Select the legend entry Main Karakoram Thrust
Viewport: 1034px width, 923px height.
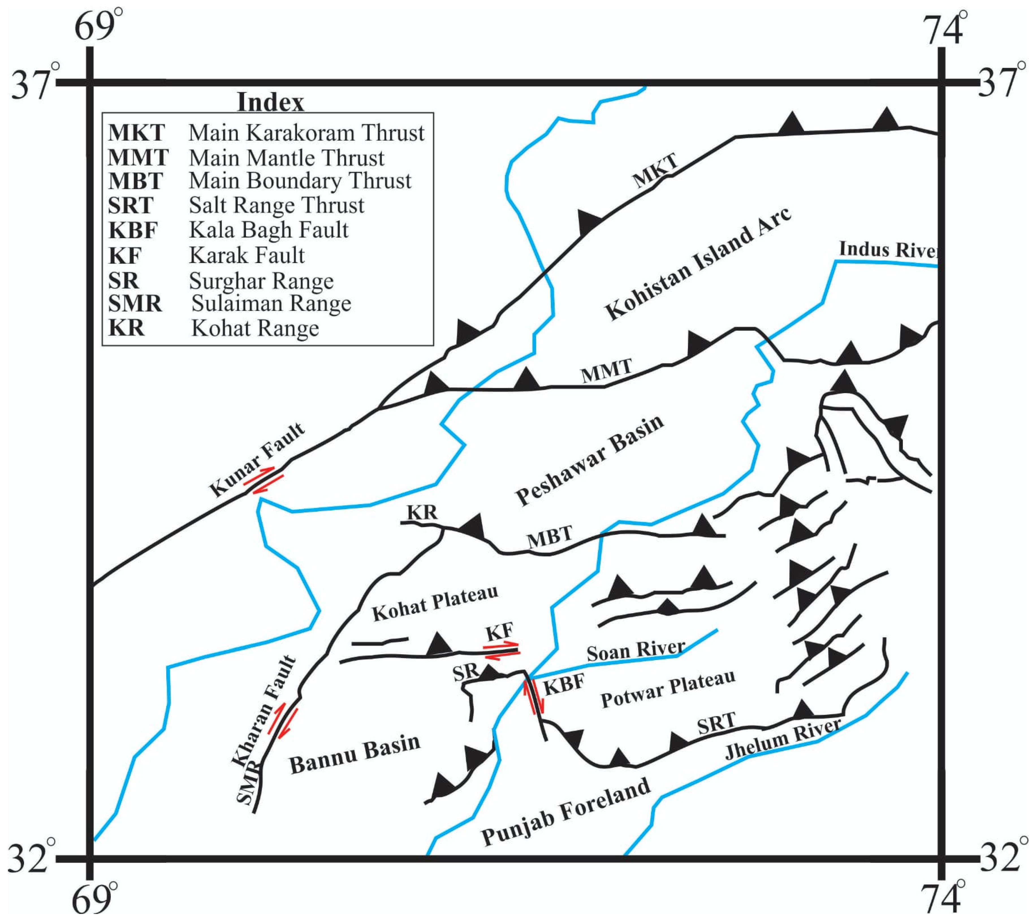point(266,133)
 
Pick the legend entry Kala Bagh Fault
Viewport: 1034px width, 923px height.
point(228,230)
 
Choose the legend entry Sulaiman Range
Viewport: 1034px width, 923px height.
point(230,304)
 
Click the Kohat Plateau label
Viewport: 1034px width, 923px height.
point(435,603)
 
